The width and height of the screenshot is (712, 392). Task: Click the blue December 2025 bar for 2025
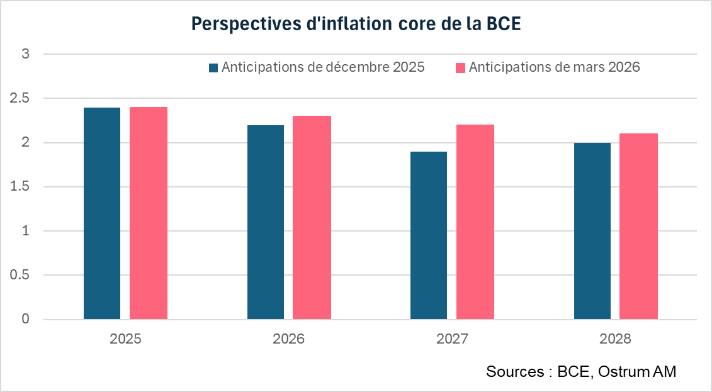click(102, 213)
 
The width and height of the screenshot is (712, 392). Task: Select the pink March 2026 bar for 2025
click(149, 213)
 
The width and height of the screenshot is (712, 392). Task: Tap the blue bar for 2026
click(266, 222)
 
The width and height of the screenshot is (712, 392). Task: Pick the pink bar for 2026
click(312, 218)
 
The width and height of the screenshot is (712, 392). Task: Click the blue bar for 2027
click(429, 235)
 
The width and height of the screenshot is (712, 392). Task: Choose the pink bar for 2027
click(475, 222)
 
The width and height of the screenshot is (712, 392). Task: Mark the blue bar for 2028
click(592, 231)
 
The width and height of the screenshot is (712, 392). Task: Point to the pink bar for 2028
click(638, 227)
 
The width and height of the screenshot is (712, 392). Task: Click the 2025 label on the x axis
click(125, 339)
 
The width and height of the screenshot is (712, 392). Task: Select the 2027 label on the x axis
click(452, 339)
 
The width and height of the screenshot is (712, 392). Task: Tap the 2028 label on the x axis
click(615, 339)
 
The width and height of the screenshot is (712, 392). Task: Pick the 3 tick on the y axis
click(26, 55)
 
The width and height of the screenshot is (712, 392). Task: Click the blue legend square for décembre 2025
click(213, 68)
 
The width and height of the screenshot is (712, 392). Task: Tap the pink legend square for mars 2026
click(460, 68)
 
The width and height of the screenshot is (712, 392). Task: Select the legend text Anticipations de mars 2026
click(554, 67)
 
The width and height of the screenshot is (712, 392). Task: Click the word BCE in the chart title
click(504, 24)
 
